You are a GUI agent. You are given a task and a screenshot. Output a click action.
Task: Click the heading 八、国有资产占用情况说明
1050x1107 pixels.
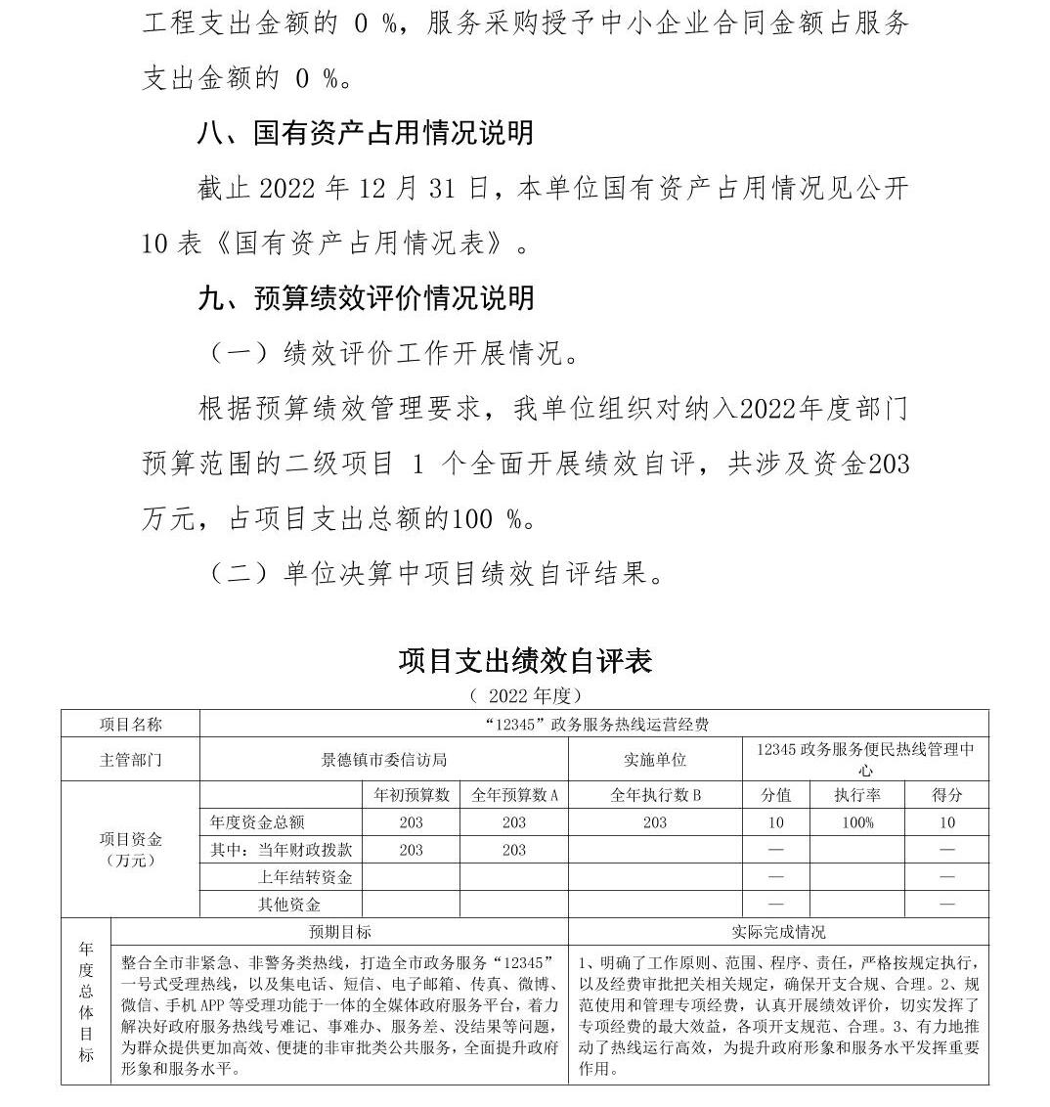(366, 132)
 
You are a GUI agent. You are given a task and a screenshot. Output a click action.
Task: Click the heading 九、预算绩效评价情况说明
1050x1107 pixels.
(366, 297)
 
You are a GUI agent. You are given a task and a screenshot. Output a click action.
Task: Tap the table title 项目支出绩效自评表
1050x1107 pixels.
(525, 661)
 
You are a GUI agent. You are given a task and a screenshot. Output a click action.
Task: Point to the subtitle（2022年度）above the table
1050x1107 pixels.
(525, 695)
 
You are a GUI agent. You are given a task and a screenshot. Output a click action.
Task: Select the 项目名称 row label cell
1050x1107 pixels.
(130, 725)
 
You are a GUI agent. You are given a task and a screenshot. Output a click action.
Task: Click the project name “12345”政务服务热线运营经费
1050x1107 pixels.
(594, 725)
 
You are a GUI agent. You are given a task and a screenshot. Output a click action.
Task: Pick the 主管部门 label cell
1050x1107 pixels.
(130, 760)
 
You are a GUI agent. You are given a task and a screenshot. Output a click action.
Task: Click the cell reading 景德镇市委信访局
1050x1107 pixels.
(384, 760)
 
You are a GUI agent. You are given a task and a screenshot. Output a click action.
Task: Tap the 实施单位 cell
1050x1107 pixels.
(655, 760)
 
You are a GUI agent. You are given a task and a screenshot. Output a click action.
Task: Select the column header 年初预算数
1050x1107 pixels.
(411, 795)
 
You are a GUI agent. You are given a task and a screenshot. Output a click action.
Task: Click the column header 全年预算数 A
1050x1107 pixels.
(514, 795)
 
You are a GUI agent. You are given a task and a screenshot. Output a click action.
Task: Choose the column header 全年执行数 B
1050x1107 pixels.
(655, 795)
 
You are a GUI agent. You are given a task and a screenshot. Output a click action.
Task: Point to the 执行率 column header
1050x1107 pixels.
(857, 795)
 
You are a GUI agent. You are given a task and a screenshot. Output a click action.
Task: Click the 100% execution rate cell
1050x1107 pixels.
(857, 822)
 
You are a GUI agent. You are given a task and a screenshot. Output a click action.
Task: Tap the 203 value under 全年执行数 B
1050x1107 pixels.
(655, 822)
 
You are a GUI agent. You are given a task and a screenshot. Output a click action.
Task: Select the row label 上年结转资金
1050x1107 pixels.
(304, 877)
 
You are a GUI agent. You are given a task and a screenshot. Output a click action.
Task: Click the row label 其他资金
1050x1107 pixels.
(288, 905)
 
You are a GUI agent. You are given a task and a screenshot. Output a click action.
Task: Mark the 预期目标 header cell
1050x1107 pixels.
(339, 932)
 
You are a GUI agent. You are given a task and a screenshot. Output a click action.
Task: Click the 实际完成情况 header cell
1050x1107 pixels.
(778, 932)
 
